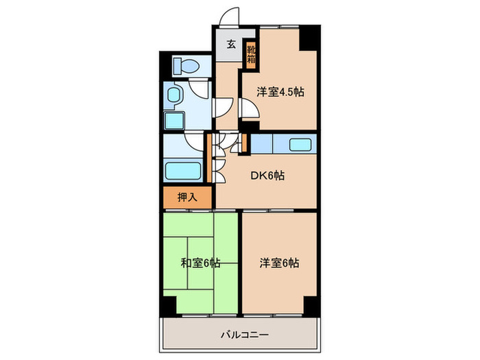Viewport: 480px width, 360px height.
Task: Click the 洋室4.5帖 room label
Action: [280, 93]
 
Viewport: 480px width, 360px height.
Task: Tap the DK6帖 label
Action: [266, 176]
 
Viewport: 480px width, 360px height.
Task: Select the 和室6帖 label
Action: [200, 263]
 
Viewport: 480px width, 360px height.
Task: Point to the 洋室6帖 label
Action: [279, 263]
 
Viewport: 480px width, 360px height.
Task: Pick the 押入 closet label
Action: [187, 197]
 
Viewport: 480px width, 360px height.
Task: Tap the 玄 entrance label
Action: [231, 45]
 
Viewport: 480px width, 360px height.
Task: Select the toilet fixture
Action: [184, 67]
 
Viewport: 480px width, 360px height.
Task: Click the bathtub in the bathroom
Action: [182, 171]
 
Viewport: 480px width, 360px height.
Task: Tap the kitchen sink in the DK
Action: [300, 145]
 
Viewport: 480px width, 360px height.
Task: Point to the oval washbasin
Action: [174, 95]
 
